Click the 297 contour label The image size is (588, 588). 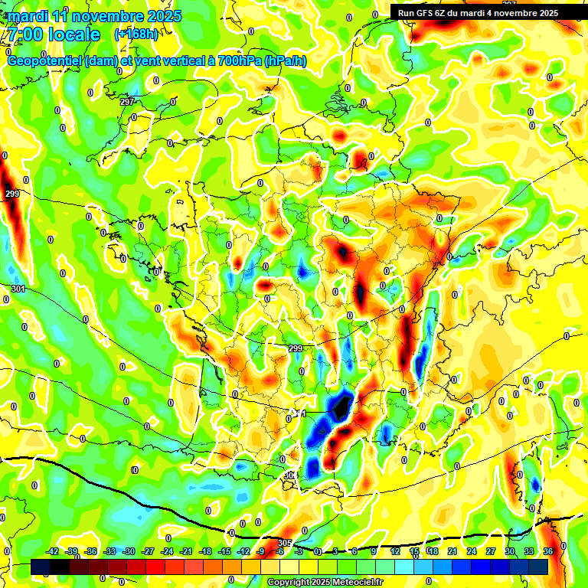[127, 102]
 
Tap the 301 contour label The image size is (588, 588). [18, 289]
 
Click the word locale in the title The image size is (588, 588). [73, 34]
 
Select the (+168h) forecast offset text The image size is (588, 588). [136, 34]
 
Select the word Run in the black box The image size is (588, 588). [407, 13]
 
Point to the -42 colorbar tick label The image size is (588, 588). [52, 551]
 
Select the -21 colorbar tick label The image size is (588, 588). [186, 551]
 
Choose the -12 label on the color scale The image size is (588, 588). [243, 551]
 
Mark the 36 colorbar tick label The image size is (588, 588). [548, 551]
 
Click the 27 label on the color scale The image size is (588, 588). [491, 551]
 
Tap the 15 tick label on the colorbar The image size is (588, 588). [414, 551]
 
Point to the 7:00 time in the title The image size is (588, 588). [23, 34]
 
